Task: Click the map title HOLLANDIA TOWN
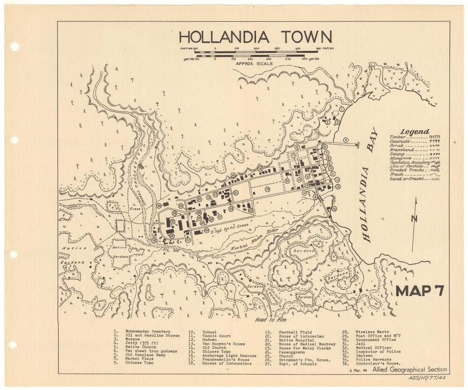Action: [x=255, y=37]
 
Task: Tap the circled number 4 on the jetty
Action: [x=345, y=140]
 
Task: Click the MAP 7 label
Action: [x=419, y=290]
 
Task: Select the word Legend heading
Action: [x=414, y=132]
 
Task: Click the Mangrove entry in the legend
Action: [x=400, y=158]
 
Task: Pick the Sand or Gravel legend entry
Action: [x=407, y=179]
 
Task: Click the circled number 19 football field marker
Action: [x=267, y=189]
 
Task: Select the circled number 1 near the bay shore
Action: [x=342, y=108]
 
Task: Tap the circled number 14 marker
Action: [x=334, y=209]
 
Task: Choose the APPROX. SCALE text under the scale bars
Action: [x=254, y=63]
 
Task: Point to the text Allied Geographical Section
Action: [x=409, y=370]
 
